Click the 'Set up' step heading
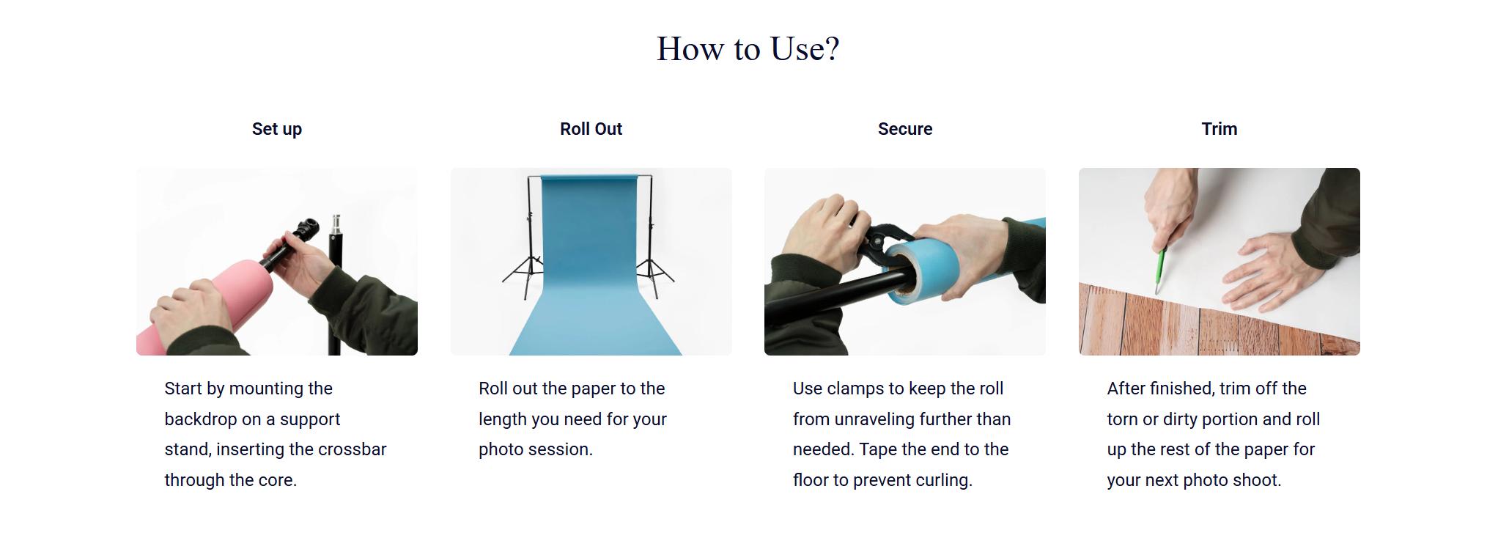coord(277,129)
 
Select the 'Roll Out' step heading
coord(591,129)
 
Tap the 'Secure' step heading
coord(905,129)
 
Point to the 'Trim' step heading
coord(1220,129)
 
